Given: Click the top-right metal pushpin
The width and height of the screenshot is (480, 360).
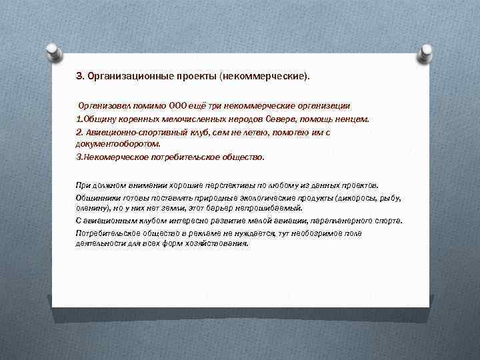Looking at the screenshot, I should point(425,51).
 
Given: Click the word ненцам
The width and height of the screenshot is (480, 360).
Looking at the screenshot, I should point(351,119).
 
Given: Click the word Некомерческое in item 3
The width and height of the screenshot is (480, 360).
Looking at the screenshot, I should point(116,157).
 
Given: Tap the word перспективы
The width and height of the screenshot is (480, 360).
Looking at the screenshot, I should point(227,185).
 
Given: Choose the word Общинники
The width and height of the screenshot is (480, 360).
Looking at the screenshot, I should point(98,199).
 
